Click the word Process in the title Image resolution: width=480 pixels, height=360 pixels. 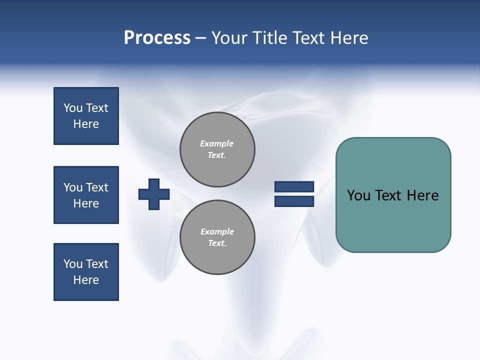(157, 38)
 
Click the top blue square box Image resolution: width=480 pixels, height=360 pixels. (86, 116)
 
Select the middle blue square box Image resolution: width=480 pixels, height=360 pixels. (86, 195)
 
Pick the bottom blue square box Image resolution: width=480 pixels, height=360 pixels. (86, 272)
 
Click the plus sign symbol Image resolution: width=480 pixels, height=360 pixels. (154, 194)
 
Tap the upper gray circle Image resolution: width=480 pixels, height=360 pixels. (217, 149)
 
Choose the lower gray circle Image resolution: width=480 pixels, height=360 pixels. (217, 237)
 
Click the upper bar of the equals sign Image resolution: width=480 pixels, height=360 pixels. (294, 187)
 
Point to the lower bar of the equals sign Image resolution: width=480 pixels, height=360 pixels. (294, 201)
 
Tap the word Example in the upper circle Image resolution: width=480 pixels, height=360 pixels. (217, 143)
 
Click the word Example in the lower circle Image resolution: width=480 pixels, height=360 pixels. (217, 231)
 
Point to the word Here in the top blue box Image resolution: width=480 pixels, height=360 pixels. (86, 124)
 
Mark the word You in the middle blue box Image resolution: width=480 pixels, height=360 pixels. (72, 187)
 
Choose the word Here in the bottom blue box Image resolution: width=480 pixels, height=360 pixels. (86, 280)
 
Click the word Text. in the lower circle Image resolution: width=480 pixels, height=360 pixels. (217, 243)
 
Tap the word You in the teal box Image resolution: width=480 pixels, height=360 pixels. (358, 195)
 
